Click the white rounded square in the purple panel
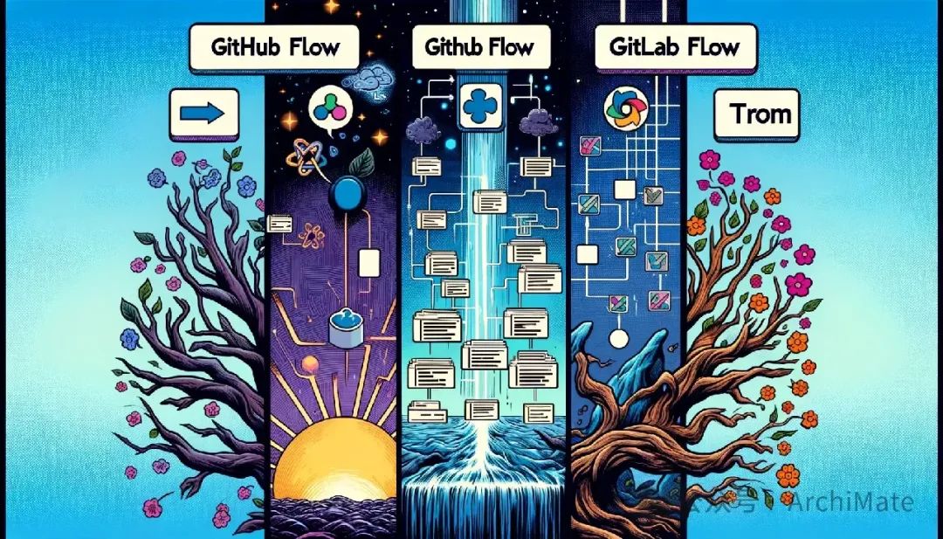point(368,261)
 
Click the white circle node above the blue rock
point(617,338)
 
